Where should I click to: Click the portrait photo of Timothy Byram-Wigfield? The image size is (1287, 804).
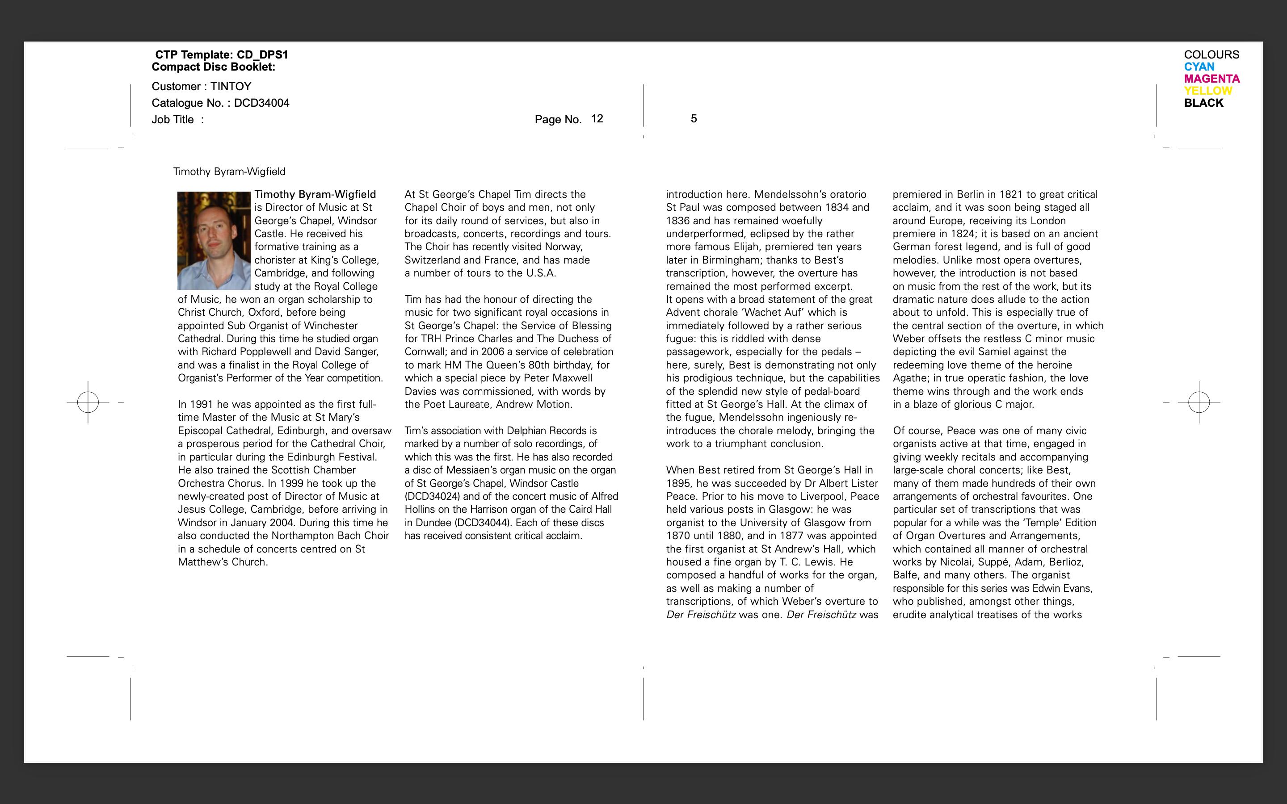(x=214, y=241)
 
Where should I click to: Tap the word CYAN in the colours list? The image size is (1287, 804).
(x=1199, y=67)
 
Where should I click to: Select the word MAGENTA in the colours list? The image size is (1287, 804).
(x=1211, y=79)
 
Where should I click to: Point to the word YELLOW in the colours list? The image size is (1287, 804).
(x=1208, y=91)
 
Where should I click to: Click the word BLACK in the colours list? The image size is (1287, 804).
(x=1203, y=103)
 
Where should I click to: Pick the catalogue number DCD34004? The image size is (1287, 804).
(x=262, y=103)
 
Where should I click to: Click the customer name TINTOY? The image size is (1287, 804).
(x=231, y=87)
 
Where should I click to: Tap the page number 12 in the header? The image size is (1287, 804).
(x=597, y=118)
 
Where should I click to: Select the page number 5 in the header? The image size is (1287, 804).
(x=694, y=118)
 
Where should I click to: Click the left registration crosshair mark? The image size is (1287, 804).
(x=88, y=402)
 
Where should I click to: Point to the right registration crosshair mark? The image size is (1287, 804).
(x=1199, y=402)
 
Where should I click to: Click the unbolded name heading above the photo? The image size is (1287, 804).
(x=229, y=172)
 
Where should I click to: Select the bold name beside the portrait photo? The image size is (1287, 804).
(x=315, y=195)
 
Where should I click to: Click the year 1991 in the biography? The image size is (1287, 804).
(x=202, y=405)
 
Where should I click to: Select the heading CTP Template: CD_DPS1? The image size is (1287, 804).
(x=221, y=55)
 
